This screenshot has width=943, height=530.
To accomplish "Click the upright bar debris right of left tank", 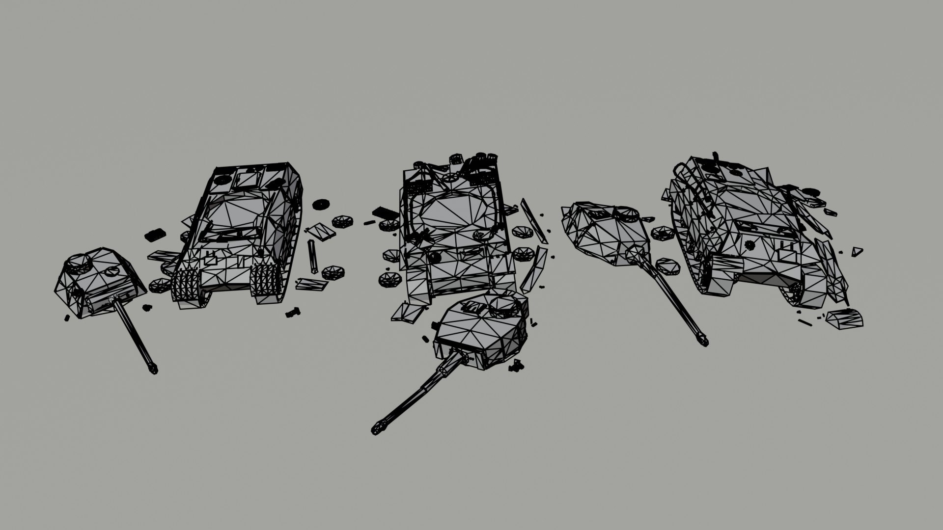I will (312, 256).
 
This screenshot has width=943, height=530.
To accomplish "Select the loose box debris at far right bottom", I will (845, 319).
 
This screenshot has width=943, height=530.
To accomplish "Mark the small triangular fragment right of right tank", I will (857, 251).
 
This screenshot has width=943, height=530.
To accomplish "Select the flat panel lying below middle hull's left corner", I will (408, 312).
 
